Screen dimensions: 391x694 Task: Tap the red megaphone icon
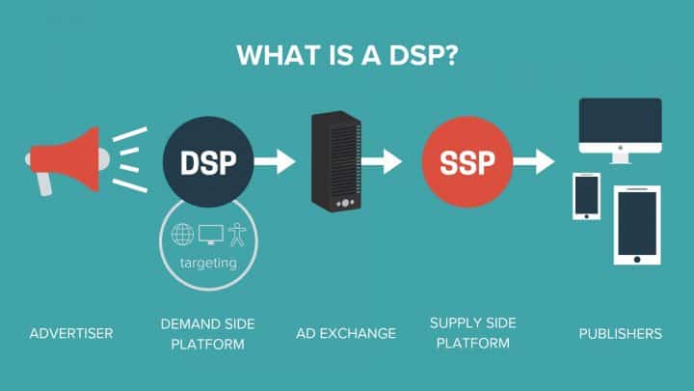[x=67, y=158]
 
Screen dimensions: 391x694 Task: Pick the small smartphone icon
[x=587, y=196]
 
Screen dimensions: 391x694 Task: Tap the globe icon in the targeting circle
[x=182, y=234]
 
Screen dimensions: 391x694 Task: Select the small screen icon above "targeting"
[x=209, y=234]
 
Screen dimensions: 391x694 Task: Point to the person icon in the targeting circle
[x=235, y=234]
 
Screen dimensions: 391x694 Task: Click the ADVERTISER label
[x=71, y=333]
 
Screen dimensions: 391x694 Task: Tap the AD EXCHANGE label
[x=346, y=333]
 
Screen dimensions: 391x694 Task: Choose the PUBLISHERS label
[x=620, y=333]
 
